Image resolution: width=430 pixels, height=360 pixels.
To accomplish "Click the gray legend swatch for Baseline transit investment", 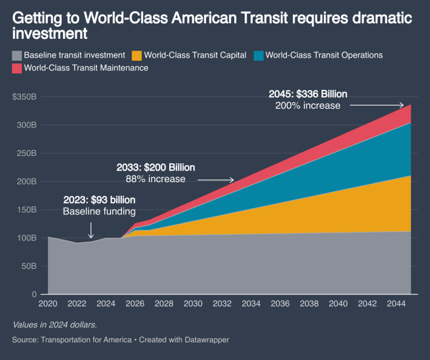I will [17, 55].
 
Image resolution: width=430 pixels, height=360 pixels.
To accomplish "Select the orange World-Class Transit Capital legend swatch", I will [137, 55].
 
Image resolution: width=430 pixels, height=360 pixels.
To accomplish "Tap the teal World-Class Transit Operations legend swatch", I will [258, 55].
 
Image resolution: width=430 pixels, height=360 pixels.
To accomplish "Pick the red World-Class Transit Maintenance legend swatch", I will [17, 68].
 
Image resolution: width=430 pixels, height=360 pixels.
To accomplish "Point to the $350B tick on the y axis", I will [24, 97].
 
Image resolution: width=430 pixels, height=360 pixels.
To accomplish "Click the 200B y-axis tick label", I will [26, 181].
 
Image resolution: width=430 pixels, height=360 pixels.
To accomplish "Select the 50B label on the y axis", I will [28, 266].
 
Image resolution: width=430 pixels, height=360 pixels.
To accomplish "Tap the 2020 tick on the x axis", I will [47, 303].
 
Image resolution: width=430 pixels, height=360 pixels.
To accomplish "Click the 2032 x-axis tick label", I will [222, 303].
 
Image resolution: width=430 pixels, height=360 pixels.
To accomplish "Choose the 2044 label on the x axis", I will [397, 303].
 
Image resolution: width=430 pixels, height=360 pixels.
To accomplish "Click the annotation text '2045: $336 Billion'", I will [307, 94].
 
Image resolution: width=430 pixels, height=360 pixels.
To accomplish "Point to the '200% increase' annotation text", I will [307, 105].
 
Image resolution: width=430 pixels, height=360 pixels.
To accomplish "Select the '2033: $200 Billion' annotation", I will [156, 167].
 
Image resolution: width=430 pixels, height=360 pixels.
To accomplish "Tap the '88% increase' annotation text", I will [156, 178].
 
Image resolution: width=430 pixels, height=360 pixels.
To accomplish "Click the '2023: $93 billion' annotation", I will [99, 200].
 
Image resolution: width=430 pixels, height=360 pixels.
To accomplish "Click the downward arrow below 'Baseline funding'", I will [91, 229].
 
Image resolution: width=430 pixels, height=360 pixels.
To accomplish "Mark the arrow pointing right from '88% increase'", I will [216, 180].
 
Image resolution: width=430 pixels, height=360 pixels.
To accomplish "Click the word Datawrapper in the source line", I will [208, 340].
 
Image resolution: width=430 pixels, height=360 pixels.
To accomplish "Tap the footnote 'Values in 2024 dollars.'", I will [54, 325].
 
